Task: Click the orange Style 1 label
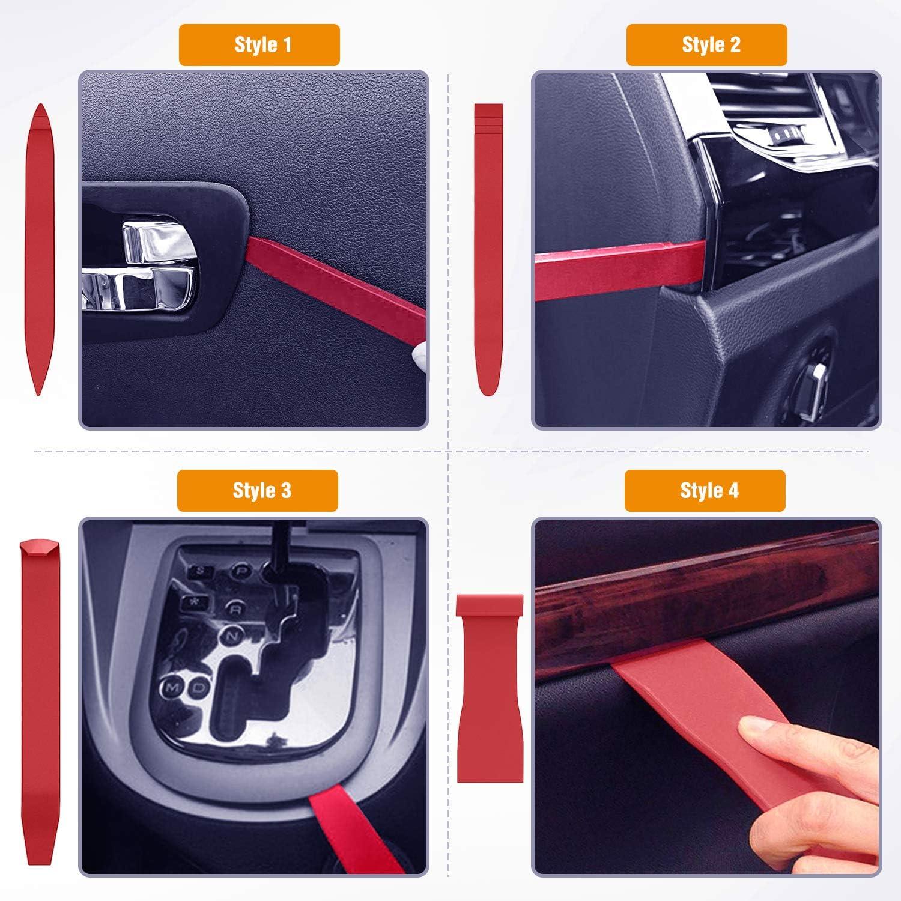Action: [259, 45]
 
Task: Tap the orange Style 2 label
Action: [706, 45]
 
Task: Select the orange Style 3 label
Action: [257, 491]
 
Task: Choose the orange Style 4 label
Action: [705, 491]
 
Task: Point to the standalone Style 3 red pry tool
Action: [40, 643]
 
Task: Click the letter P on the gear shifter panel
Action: [240, 571]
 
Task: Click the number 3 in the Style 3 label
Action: [286, 491]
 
